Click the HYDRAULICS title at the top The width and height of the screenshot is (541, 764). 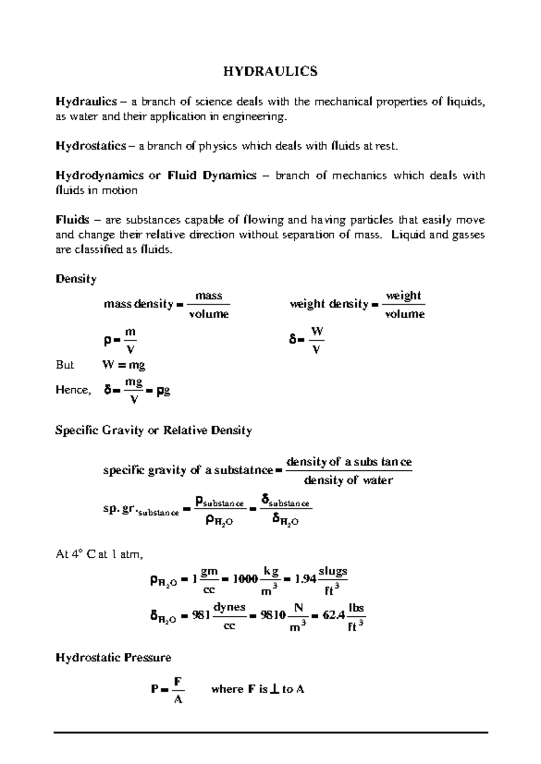(270, 71)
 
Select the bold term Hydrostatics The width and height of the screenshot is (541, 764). (91, 146)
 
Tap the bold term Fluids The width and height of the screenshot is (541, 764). (72, 220)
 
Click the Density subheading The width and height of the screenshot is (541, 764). (76, 279)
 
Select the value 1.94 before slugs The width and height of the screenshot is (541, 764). (305, 579)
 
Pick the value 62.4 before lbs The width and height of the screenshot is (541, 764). (334, 615)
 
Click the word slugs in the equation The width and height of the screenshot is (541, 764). (333, 571)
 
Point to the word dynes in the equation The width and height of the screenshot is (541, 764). (229, 607)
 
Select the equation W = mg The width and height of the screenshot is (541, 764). (124, 364)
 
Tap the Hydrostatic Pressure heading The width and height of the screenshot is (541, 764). (113, 658)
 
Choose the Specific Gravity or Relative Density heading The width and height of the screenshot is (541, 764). (153, 430)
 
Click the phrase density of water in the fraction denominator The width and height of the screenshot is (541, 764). (348, 480)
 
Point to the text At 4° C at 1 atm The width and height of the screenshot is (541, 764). (99, 555)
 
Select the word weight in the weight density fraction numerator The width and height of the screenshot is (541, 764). (403, 296)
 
